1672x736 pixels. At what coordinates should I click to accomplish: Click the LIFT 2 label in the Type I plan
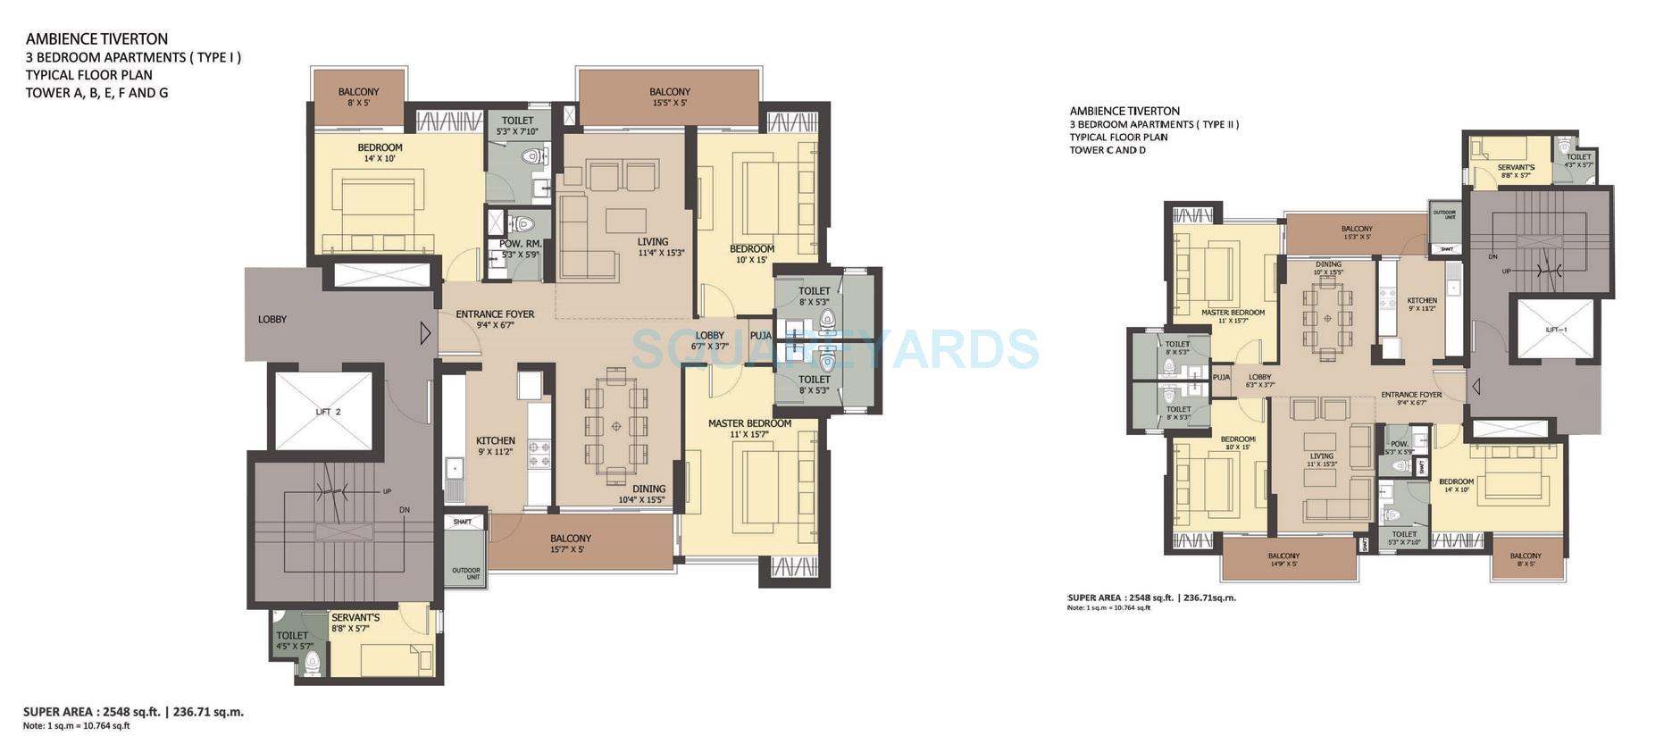point(328,412)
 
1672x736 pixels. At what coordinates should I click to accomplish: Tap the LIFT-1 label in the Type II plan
point(1556,330)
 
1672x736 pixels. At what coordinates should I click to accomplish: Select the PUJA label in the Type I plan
point(760,336)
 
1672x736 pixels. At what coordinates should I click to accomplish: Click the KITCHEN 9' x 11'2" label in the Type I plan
point(495,446)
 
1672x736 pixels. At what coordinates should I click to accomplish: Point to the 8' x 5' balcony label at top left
point(358,96)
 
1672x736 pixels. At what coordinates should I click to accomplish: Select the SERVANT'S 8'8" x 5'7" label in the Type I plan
point(355,623)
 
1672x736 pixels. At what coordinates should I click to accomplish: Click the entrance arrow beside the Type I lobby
point(425,333)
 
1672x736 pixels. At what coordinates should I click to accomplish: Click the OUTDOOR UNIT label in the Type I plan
point(465,573)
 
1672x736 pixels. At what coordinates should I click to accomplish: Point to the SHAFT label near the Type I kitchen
point(462,522)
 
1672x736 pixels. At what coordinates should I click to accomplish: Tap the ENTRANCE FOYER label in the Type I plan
point(495,319)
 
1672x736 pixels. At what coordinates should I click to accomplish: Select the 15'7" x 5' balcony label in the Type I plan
point(570,543)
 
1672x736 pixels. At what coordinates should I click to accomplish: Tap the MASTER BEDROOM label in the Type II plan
point(1233,316)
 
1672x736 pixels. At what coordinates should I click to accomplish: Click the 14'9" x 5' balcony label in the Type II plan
point(1283,559)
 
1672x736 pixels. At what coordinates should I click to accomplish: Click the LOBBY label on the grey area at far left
point(272,319)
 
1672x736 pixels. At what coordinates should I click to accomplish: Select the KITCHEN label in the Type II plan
point(1422,304)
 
